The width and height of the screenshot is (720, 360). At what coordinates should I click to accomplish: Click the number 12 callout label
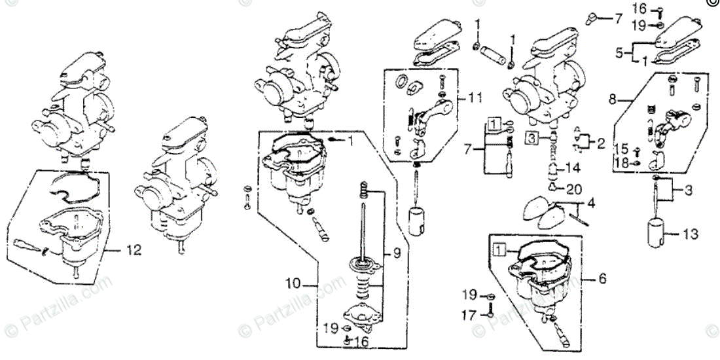click(x=134, y=249)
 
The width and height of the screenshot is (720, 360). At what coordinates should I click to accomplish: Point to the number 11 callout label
click(x=475, y=99)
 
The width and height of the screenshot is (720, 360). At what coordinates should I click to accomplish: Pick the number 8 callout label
click(x=613, y=100)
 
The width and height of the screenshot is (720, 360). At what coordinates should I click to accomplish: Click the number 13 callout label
click(x=602, y=279)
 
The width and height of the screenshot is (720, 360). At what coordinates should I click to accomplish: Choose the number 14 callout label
click(x=573, y=167)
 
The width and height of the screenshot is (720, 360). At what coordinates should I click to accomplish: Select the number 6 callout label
click(x=602, y=279)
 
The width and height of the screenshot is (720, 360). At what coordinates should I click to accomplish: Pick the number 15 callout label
click(x=621, y=149)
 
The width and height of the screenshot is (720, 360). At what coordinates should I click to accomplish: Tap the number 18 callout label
click(x=621, y=163)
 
